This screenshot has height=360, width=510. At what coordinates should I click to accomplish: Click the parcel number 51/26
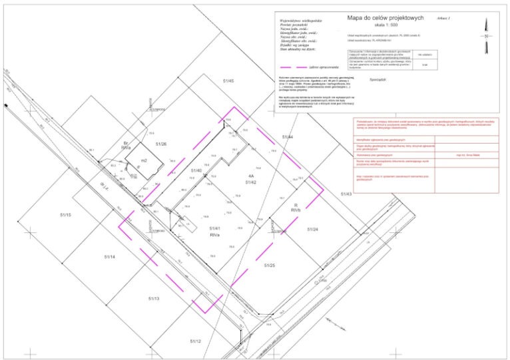click(x=161, y=144)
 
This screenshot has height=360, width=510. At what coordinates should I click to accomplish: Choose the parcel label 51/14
click(x=110, y=256)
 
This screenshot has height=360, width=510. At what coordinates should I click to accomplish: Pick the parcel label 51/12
click(x=195, y=341)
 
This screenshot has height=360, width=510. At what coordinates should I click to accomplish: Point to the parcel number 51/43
click(x=346, y=193)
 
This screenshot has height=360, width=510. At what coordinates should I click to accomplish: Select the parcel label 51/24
click(x=312, y=229)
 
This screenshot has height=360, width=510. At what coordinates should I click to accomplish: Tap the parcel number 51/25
click(x=270, y=265)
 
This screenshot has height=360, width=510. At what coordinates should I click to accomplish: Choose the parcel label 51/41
click(x=214, y=229)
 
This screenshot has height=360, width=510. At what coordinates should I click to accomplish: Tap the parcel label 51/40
click(x=196, y=171)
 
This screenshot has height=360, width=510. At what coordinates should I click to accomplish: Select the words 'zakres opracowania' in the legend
click(x=323, y=68)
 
